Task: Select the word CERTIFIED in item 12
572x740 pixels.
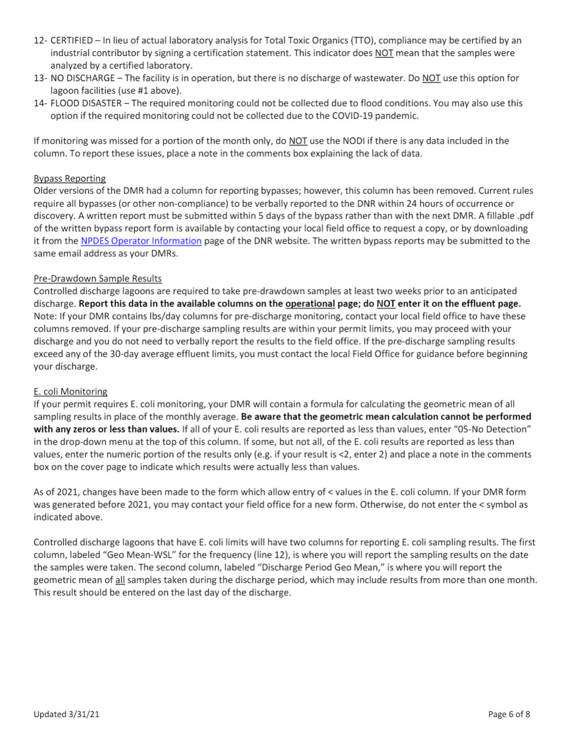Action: [x=70, y=40]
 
